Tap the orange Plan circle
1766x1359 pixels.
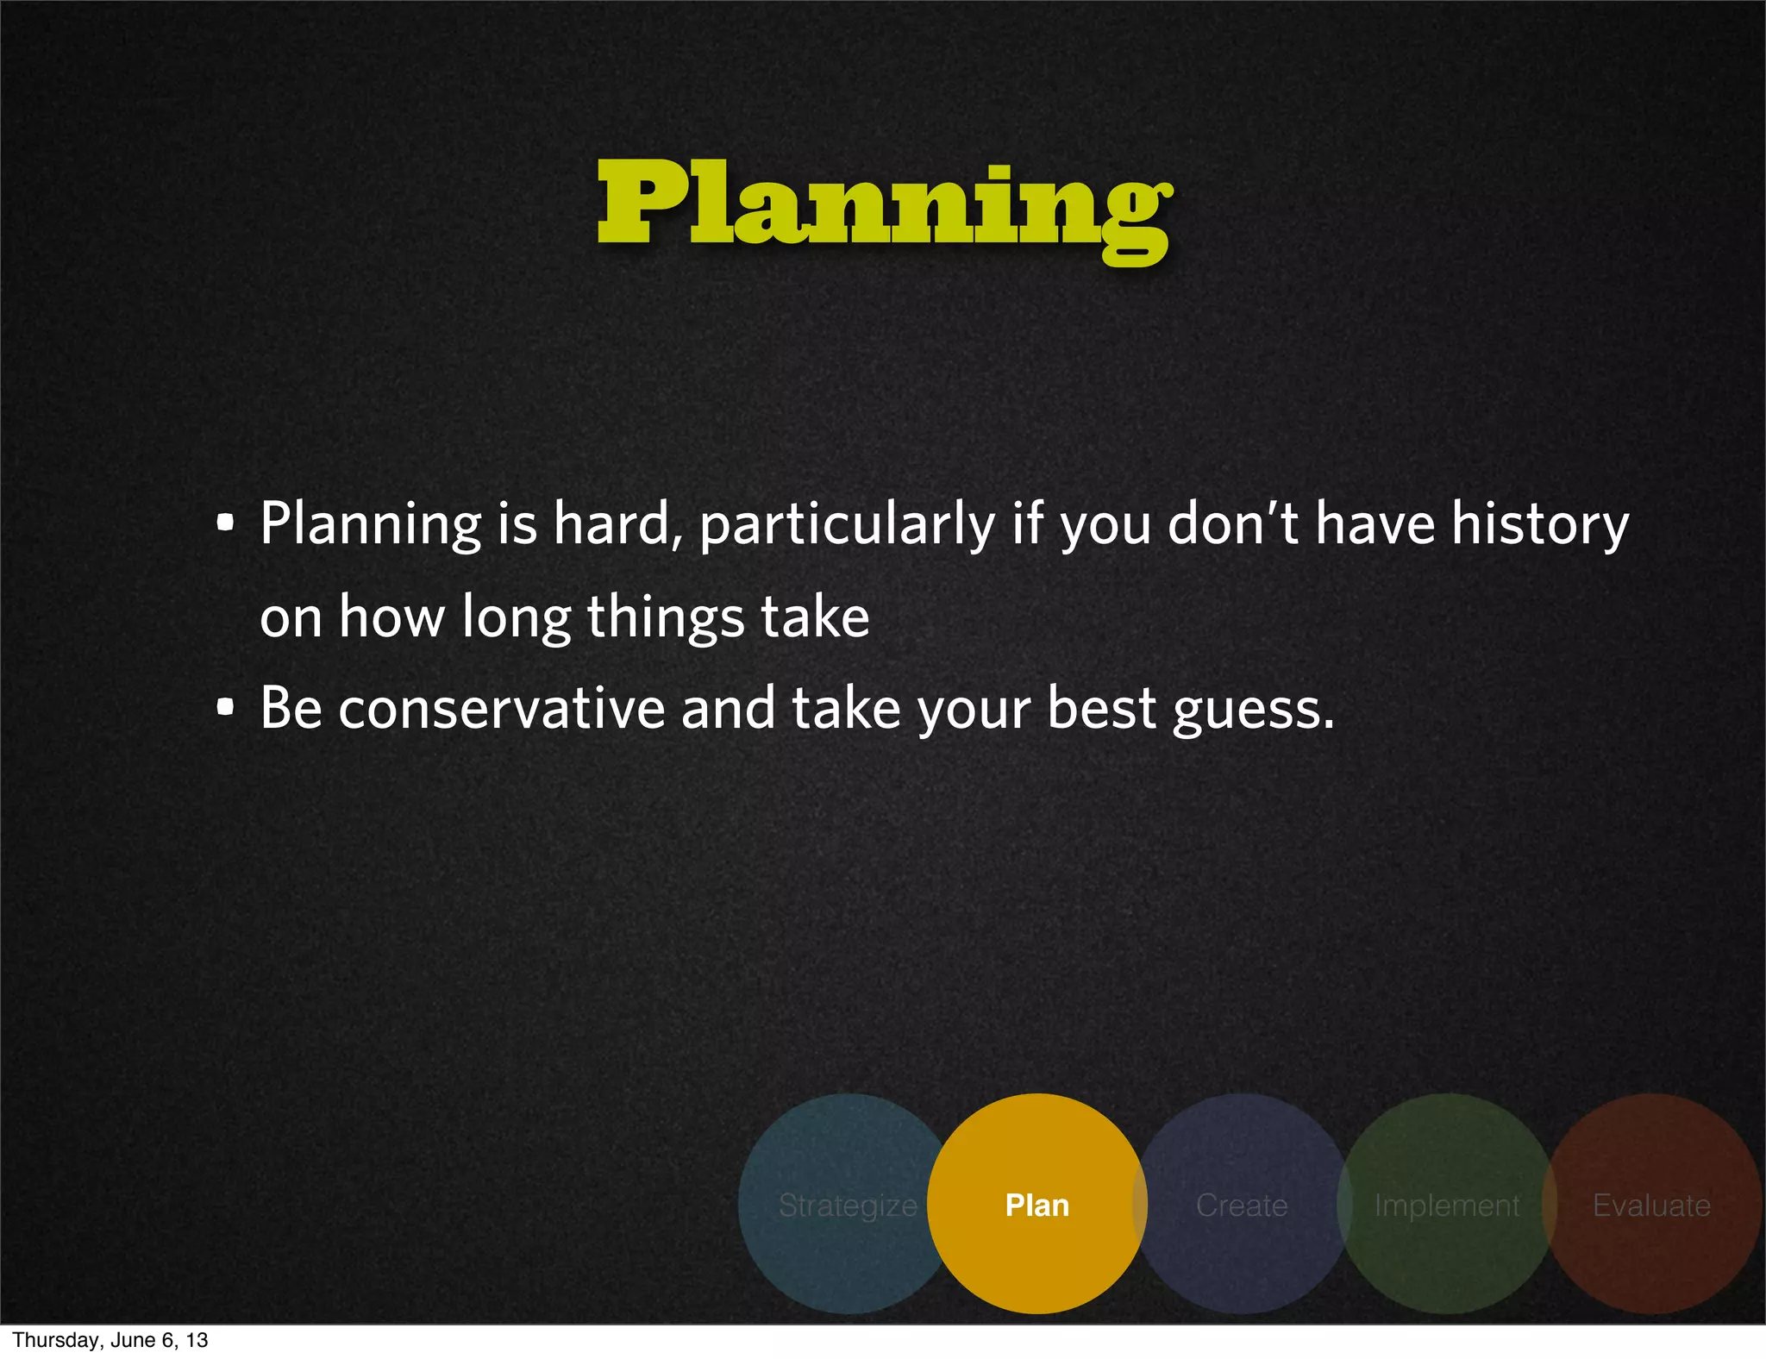[x=1037, y=1205]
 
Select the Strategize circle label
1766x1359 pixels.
[x=848, y=1205]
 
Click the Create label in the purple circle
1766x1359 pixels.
[x=1242, y=1205]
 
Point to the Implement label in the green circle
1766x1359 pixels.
[x=1447, y=1205]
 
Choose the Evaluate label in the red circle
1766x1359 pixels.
[x=1651, y=1205]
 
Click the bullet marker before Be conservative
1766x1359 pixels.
[x=225, y=709]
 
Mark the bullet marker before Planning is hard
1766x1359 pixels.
[x=225, y=523]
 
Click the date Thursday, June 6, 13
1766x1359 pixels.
[x=110, y=1340]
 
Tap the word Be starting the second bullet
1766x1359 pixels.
[x=291, y=709]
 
